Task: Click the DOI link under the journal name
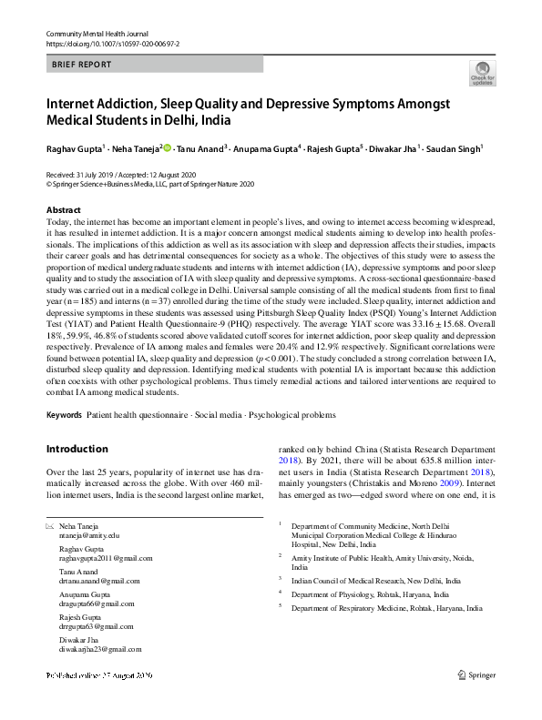(x=105, y=44)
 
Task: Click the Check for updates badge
(x=482, y=74)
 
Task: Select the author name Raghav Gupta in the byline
(x=75, y=147)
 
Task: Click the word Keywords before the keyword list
(x=64, y=415)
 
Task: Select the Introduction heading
(x=77, y=449)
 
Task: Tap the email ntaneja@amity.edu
(x=89, y=536)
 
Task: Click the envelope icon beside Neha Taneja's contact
(x=50, y=527)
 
